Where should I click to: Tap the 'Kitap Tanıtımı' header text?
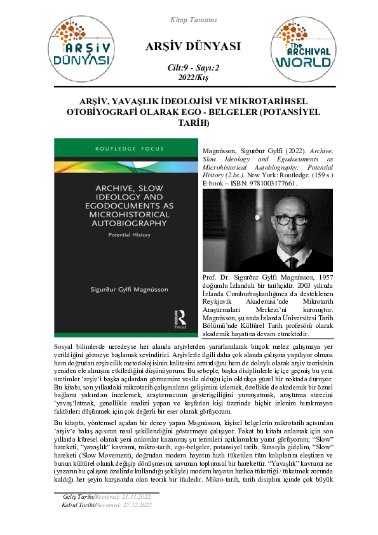[x=189, y=20]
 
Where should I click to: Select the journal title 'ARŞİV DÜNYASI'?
[x=189, y=46]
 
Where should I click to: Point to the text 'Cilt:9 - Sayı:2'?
[x=189, y=68]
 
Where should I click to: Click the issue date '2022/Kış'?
[x=189, y=78]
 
